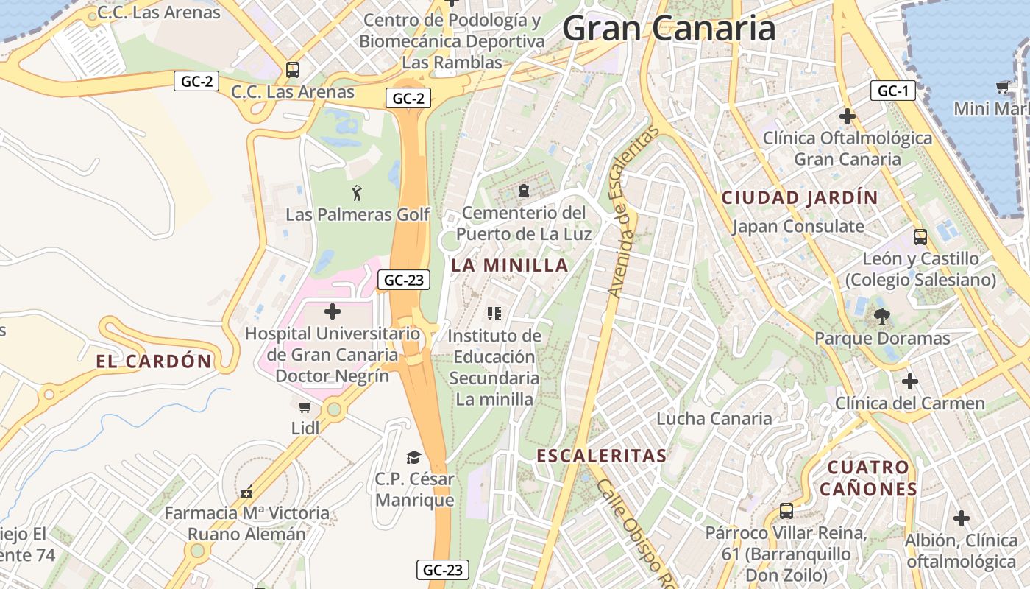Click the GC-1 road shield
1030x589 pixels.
click(x=893, y=91)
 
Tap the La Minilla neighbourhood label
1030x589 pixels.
click(x=510, y=265)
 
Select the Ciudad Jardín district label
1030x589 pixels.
click(x=800, y=197)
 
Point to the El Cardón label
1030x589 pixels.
click(x=154, y=361)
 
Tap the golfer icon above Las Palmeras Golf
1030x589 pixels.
click(x=357, y=193)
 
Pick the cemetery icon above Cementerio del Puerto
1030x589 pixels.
click(x=523, y=191)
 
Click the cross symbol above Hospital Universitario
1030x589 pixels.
click(x=333, y=311)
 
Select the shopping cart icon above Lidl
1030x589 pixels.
click(x=305, y=406)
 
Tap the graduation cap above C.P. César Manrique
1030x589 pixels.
click(x=414, y=457)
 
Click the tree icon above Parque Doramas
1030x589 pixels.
click(x=881, y=317)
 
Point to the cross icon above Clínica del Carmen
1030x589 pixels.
click(x=910, y=381)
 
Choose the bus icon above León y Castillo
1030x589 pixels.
click(x=920, y=237)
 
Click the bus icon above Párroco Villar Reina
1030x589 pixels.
click(x=786, y=510)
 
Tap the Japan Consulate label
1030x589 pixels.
click(x=798, y=226)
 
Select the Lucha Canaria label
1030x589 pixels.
click(x=714, y=418)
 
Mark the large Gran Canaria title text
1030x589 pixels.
click(x=669, y=29)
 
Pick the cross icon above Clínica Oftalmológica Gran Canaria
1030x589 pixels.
click(x=848, y=116)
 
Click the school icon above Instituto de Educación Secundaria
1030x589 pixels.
click(x=494, y=314)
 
